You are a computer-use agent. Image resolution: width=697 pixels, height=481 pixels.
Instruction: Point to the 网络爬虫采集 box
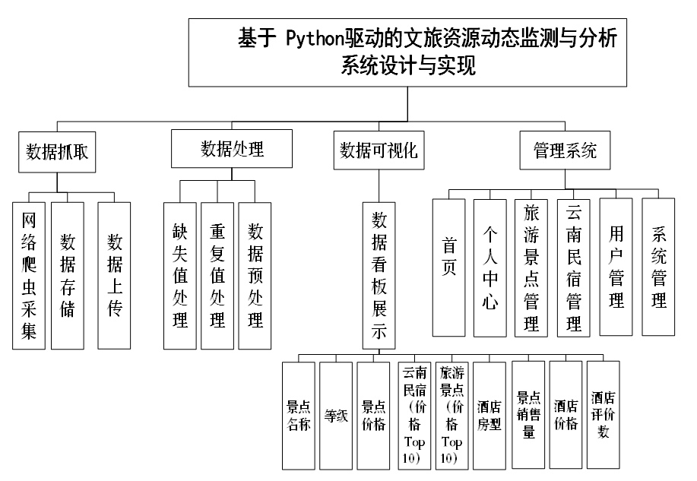[x=29, y=275]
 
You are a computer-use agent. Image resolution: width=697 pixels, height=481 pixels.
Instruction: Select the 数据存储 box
[x=68, y=275]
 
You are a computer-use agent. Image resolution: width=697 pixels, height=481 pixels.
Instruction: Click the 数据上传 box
[x=114, y=275]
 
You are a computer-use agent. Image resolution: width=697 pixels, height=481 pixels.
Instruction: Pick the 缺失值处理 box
[x=180, y=275]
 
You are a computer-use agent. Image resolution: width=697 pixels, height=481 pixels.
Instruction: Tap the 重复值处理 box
[x=217, y=275]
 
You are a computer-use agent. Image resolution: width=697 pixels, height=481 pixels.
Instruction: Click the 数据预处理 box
[x=255, y=275]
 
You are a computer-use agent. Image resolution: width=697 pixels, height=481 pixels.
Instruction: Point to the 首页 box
[x=448, y=267]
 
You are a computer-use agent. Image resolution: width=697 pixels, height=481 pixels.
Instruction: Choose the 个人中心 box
[x=490, y=267]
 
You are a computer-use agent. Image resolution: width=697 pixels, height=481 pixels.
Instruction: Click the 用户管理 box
[x=616, y=267]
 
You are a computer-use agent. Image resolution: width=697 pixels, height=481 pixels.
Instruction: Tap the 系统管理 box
[x=659, y=267]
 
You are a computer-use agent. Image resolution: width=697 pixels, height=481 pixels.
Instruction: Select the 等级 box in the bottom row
[x=336, y=415]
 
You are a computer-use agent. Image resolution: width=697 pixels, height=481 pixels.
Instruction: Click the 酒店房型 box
[x=489, y=415]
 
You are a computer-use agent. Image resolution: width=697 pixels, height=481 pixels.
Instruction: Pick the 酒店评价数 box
[x=606, y=415]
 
